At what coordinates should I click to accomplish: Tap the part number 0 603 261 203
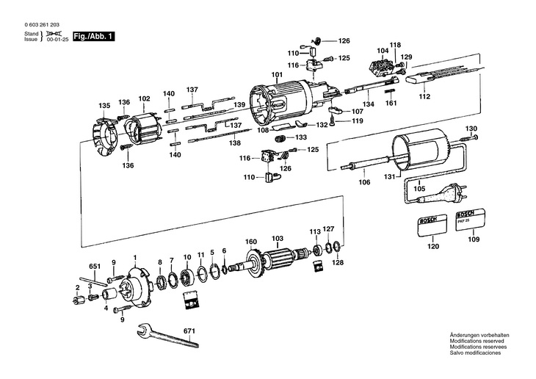(x=43, y=25)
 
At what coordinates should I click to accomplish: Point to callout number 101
(x=277, y=75)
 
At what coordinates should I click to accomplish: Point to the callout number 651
(x=94, y=265)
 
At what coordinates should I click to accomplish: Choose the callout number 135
(x=104, y=105)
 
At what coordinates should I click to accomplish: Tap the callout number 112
(x=424, y=96)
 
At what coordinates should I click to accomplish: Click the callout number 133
(x=301, y=137)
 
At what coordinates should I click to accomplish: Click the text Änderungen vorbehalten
(x=479, y=335)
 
